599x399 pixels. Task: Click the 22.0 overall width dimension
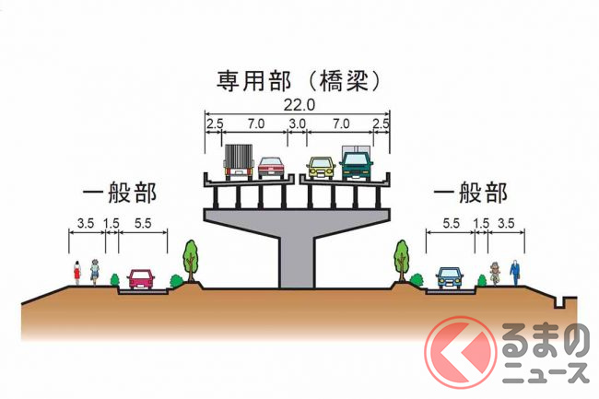click(x=297, y=105)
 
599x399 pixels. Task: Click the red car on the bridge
click(x=270, y=167)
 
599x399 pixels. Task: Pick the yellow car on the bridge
click(x=321, y=167)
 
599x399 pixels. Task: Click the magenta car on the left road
click(x=141, y=277)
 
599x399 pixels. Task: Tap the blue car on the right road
click(x=449, y=276)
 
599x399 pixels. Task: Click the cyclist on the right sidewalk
click(x=495, y=273)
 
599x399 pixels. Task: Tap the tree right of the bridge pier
click(x=401, y=257)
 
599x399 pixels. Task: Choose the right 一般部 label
click(x=470, y=193)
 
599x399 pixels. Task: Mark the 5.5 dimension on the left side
click(x=143, y=222)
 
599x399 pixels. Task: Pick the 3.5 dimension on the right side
click(x=507, y=222)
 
